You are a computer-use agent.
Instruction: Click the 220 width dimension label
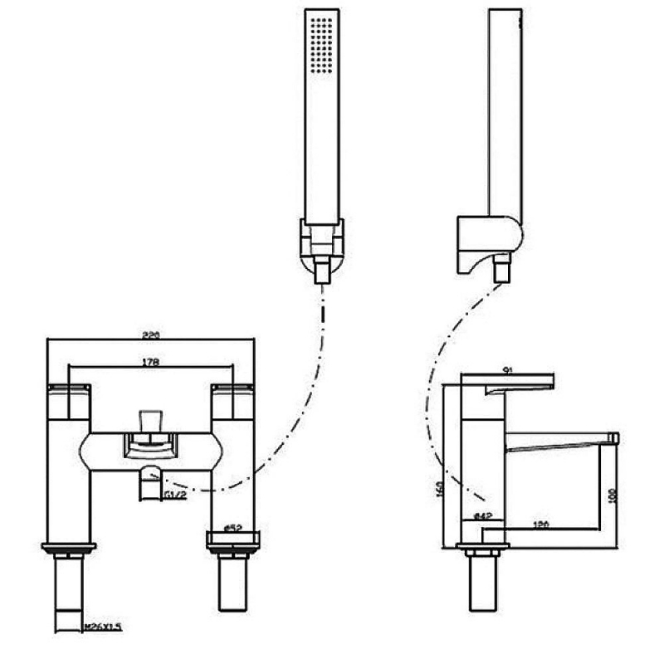tap(151, 336)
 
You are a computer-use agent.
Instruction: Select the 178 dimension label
tap(151, 362)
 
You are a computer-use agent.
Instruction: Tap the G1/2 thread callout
tap(173, 495)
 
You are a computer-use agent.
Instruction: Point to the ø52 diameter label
tap(233, 527)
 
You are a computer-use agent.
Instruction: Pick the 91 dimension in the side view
tap(510, 372)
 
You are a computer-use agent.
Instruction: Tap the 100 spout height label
tap(613, 496)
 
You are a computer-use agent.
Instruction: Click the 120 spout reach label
tap(542, 525)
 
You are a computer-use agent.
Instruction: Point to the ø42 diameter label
tap(483, 516)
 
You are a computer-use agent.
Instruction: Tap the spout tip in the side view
tap(614, 437)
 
